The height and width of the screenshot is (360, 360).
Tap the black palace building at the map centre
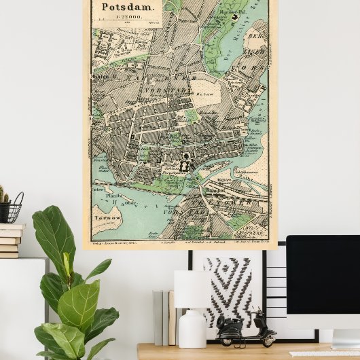click(x=184, y=163)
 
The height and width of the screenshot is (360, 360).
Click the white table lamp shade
click(x=192, y=289)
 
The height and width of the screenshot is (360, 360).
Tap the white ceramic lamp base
click(x=192, y=330)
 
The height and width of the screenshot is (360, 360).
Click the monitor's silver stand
click(x=345, y=337)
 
